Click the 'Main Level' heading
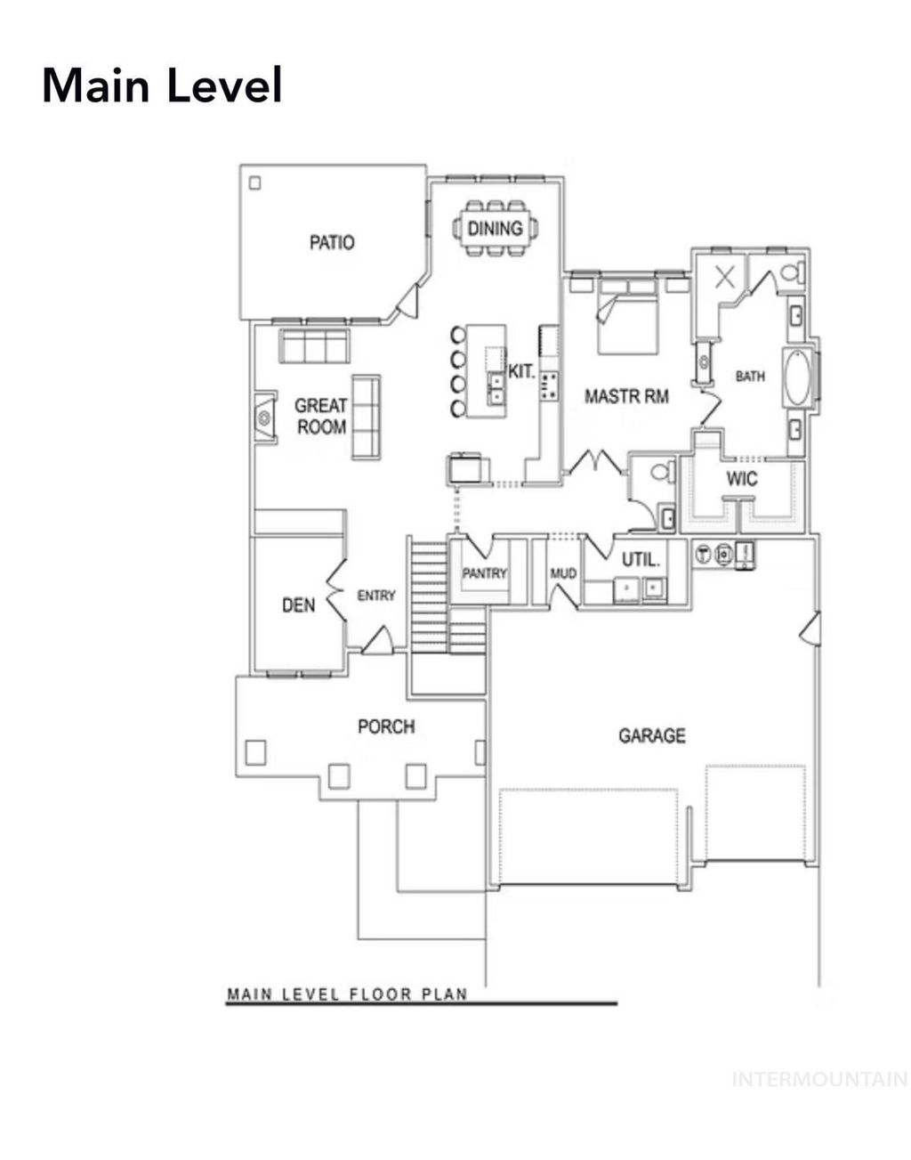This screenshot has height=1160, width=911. (162, 86)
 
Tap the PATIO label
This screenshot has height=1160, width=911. (332, 242)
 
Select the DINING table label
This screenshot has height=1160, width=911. (495, 229)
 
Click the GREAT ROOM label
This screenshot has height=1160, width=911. (321, 417)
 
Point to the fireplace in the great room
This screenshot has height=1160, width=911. (264, 417)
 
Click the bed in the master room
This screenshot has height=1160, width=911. (627, 316)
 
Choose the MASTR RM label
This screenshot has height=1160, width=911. (626, 396)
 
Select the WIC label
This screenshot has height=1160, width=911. (742, 479)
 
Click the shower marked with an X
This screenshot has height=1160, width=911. (725, 276)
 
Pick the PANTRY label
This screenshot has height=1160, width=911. (484, 573)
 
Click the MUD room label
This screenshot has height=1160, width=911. (563, 573)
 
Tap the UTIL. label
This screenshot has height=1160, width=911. (641, 560)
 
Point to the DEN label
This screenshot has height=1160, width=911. (298, 605)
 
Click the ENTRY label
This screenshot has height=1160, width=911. (376, 596)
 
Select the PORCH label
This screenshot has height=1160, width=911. (386, 726)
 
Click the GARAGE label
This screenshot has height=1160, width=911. (652, 735)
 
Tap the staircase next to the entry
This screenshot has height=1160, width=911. (429, 595)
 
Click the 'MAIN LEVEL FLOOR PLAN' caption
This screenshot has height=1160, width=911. (347, 994)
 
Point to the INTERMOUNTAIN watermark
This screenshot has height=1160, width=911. (818, 1080)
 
